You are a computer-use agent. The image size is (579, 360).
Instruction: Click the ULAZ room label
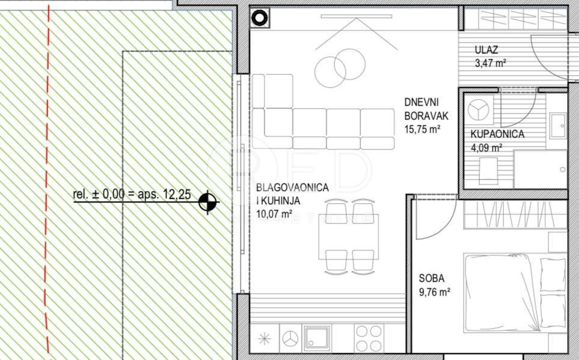pos(486,49)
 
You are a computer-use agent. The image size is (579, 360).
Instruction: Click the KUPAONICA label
pos(497,134)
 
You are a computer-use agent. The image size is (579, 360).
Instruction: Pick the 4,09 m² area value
pos(487,147)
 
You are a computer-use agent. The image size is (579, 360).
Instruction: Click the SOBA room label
pos(432,278)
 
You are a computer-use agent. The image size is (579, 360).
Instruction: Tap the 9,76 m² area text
pos(435,293)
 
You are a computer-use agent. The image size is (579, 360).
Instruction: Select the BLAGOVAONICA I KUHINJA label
pos(292,194)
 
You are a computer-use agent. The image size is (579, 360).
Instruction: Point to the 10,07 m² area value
pos(274,213)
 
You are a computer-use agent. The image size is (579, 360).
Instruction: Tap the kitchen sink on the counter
pos(316,338)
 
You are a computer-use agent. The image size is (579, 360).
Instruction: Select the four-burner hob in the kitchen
pos(367,338)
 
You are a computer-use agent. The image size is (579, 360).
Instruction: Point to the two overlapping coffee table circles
pos(340,66)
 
